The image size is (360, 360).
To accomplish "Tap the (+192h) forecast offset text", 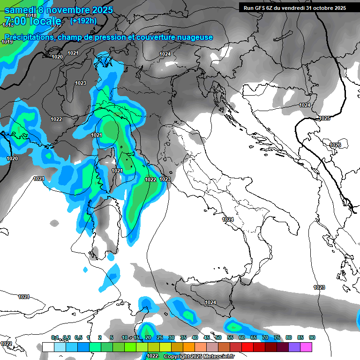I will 83,21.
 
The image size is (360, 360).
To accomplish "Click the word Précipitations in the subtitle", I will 30,37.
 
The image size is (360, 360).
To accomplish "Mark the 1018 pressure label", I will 31,15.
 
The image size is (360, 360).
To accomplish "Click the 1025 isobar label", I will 324,119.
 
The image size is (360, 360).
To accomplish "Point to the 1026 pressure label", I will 335,145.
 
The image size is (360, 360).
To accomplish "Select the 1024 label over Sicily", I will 210,303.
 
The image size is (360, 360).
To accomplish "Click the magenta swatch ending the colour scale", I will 306,347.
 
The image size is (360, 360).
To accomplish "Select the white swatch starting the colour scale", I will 48,347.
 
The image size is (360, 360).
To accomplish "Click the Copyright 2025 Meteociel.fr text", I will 192,356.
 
